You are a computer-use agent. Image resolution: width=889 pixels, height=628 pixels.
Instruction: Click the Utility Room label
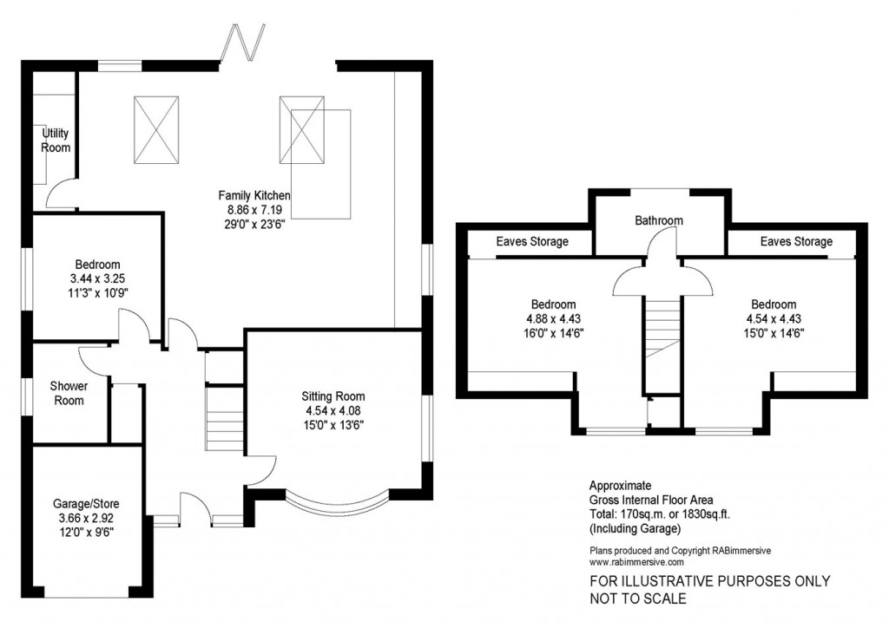click(56, 141)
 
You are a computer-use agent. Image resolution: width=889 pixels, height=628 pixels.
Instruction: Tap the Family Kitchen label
click(254, 195)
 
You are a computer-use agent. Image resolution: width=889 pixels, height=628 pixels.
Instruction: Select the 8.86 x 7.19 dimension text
click(254, 209)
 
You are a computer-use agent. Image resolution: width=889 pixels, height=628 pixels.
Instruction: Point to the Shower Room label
click(67, 393)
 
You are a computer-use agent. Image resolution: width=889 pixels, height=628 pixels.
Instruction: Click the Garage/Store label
click(85, 504)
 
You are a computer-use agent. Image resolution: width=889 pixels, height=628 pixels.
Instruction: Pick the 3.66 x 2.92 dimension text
click(85, 518)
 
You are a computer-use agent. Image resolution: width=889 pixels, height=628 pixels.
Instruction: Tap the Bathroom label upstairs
click(658, 220)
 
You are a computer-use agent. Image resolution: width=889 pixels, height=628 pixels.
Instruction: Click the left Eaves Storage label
click(531, 242)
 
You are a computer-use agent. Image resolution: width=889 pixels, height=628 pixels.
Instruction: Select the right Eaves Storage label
click(795, 242)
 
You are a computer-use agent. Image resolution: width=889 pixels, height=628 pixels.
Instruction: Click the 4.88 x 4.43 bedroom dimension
click(553, 318)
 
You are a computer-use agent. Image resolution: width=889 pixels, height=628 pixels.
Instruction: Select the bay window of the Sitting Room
click(334, 502)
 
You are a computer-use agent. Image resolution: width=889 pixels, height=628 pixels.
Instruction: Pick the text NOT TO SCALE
click(637, 599)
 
